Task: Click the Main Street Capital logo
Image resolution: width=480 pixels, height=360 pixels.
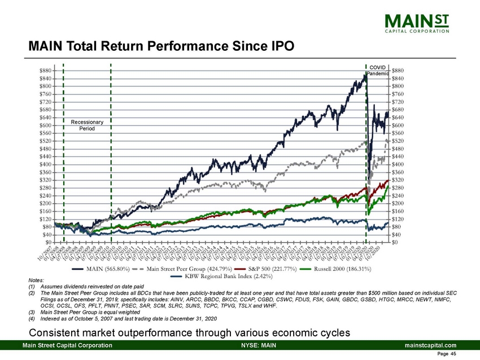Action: coord(417,24)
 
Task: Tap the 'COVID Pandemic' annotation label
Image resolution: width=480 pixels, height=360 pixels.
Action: coord(377,71)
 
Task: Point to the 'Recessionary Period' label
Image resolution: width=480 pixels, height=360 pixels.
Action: coord(87,125)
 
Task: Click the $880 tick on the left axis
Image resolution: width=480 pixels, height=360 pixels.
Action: coord(47,71)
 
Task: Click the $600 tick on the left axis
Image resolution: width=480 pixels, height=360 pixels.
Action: coord(47,125)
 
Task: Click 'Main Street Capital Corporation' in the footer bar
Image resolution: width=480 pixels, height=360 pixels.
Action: coord(67,345)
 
